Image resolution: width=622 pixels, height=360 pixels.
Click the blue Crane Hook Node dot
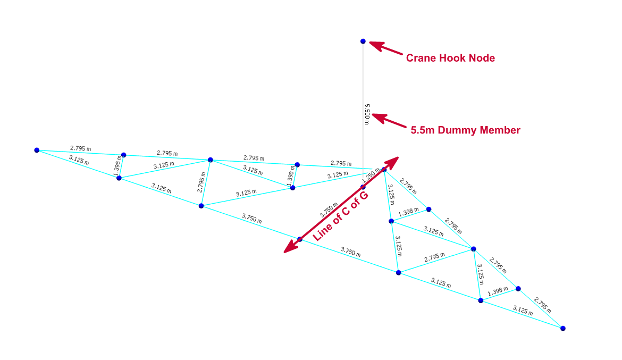coord(363,41)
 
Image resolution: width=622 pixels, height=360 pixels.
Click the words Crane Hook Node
coord(450,58)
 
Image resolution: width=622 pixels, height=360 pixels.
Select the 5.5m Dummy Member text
coord(465,130)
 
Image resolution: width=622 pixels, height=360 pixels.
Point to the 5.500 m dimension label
coord(367,114)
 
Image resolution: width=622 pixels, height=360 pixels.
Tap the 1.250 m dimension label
coord(371,175)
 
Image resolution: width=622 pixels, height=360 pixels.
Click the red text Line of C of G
coord(340,216)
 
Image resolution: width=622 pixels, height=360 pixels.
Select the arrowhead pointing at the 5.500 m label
coord(379,118)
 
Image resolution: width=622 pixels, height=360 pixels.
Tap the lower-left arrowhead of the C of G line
coord(290,247)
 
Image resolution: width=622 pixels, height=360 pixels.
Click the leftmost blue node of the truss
coord(37,150)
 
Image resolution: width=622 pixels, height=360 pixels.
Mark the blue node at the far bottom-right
coord(563,328)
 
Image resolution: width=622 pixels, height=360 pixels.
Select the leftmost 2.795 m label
coord(80,148)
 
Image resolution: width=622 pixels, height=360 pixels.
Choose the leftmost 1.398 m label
coord(117,166)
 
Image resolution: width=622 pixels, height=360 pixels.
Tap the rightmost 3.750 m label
coord(351,252)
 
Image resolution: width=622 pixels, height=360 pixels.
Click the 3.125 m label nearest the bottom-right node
coord(523,311)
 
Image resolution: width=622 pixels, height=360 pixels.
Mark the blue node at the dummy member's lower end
coord(363,187)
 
